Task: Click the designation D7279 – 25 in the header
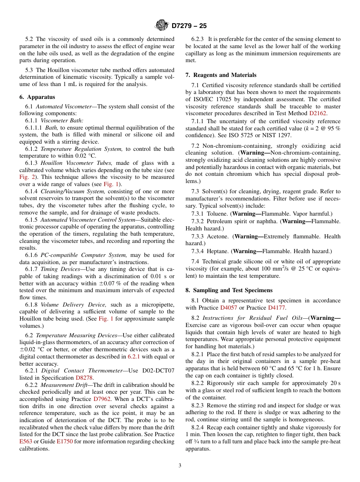pyautogui.click(x=189, y=26)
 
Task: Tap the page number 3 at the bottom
pyautogui.click(x=180, y=465)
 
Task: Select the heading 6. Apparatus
pyautogui.click(x=37, y=97)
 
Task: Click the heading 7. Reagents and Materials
pyautogui.click(x=221, y=75)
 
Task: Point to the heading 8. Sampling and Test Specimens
pyautogui.click(x=229, y=290)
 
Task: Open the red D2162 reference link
pyautogui.click(x=318, y=113)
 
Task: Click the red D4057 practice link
pyautogui.click(x=229, y=308)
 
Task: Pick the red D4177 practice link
pyautogui.click(x=276, y=308)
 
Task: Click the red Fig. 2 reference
pyautogui.click(x=27, y=177)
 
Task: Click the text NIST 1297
pyautogui.click(x=276, y=135)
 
